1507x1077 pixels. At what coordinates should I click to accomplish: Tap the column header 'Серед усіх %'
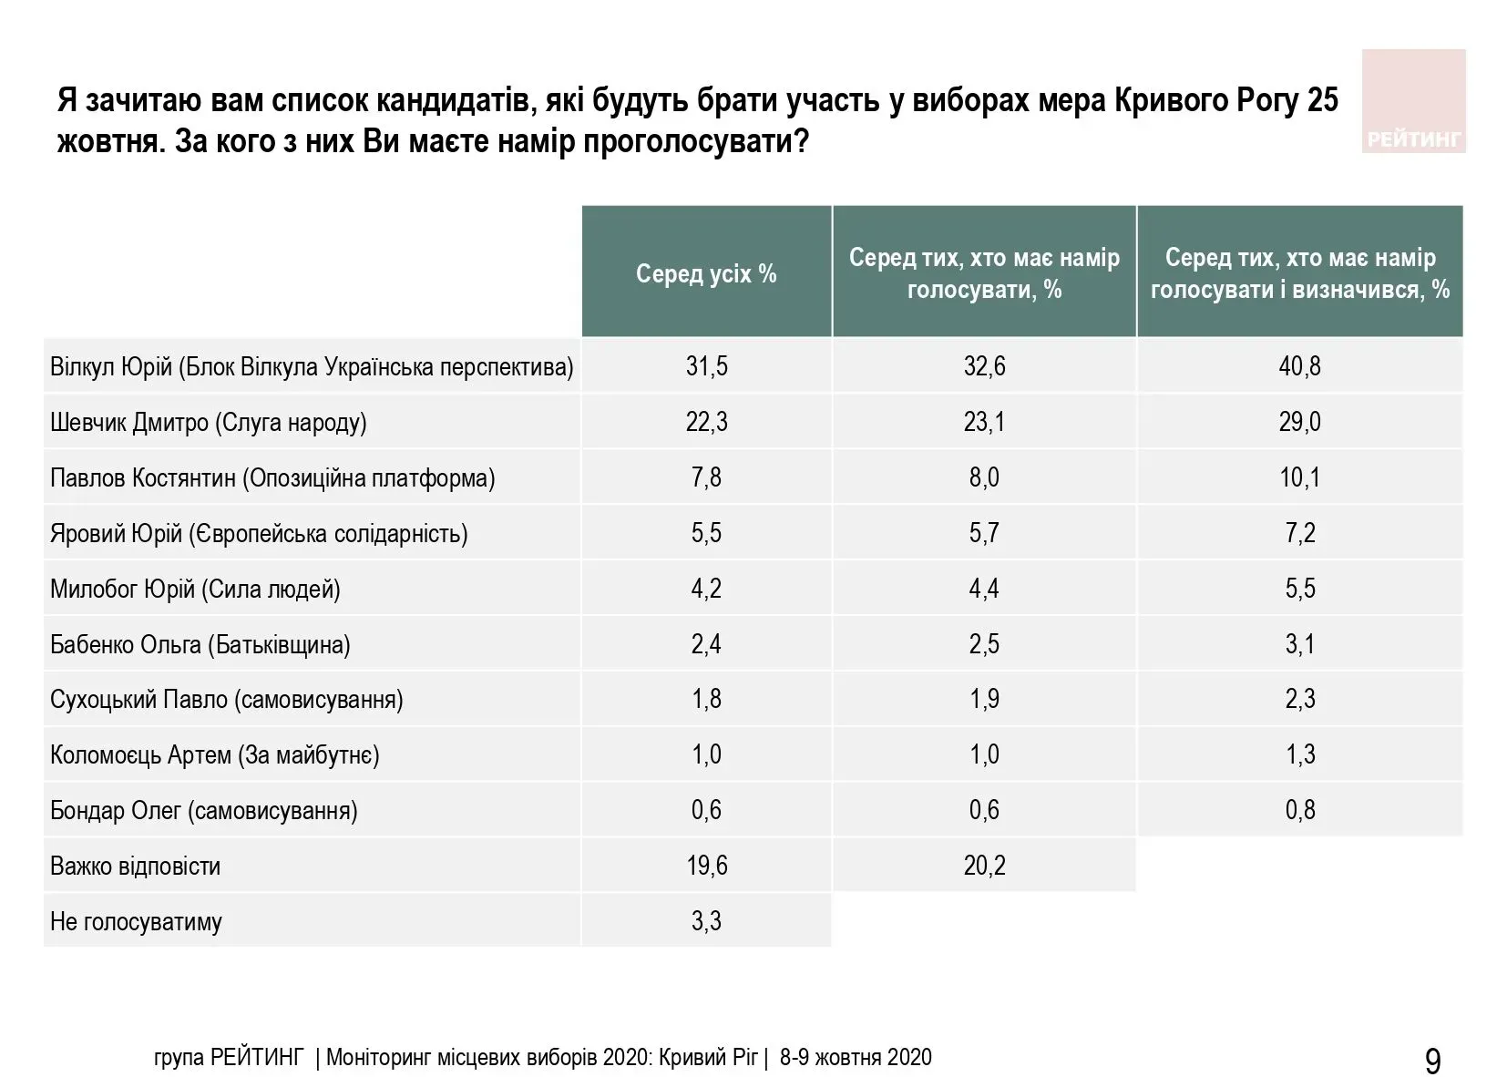pos(706,273)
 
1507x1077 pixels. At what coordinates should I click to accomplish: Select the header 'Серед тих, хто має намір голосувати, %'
pos(984,273)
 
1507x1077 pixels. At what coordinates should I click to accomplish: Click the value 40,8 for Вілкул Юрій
pos(1299,366)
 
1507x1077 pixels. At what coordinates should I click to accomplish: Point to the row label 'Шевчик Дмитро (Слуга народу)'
pos(209,423)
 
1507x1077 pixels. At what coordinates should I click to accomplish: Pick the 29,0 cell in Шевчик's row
pos(1299,422)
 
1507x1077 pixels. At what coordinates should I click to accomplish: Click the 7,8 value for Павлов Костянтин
pos(706,477)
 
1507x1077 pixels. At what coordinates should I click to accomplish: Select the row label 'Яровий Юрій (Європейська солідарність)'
pos(259,533)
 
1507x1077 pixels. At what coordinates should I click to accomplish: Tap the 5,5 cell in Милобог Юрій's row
pos(1299,589)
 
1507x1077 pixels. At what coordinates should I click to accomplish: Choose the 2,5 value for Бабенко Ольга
pos(984,644)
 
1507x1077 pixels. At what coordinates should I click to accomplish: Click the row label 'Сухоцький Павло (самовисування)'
pos(226,700)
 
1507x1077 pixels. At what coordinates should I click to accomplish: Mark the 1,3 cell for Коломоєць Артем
pos(1299,754)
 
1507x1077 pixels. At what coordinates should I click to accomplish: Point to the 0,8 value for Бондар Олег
pos(1299,810)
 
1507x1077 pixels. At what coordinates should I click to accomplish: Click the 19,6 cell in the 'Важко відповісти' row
pos(706,866)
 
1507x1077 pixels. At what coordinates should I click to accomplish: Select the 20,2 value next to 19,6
pos(984,866)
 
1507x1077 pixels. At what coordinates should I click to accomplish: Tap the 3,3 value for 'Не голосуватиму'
pos(706,921)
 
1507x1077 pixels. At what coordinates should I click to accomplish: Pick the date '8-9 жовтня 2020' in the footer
pos(856,1057)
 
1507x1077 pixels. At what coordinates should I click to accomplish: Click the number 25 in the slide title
pos(1322,100)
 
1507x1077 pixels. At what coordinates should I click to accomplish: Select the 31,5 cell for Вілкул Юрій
pos(706,366)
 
